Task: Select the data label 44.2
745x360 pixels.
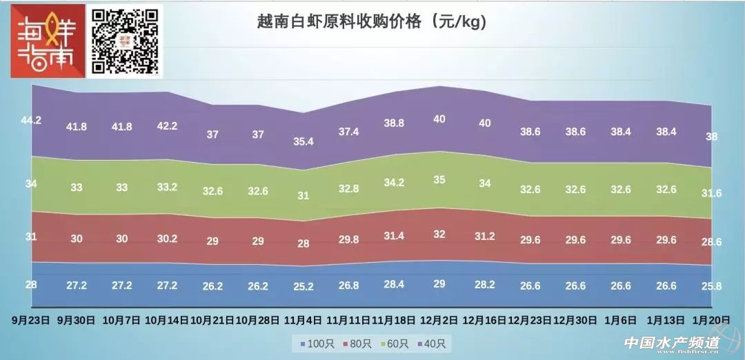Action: pyautogui.click(x=31, y=120)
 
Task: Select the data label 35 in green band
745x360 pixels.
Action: pyautogui.click(x=439, y=179)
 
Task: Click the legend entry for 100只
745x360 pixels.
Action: pyautogui.click(x=314, y=343)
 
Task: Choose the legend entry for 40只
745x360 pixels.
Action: pyautogui.click(x=431, y=343)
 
